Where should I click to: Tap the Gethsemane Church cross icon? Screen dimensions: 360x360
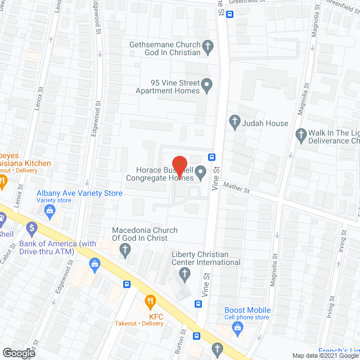(x=208, y=48)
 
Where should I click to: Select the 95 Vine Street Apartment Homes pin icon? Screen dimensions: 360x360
(x=207, y=86)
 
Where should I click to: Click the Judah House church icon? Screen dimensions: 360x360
(x=235, y=123)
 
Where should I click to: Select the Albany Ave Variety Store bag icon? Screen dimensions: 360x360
(x=49, y=211)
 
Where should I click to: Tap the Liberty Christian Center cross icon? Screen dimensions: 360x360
(x=184, y=274)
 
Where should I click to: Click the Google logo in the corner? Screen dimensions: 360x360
(x=19, y=353)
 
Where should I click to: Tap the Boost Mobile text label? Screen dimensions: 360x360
(x=247, y=310)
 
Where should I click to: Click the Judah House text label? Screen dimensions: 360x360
(x=265, y=123)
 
